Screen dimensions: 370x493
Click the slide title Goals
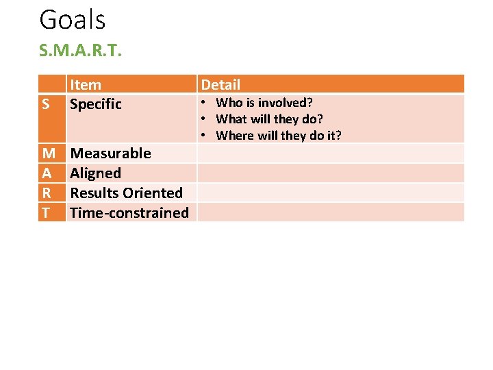tap(73, 20)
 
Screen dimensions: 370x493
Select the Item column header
tap(86, 85)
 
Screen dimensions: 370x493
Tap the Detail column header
tap(220, 85)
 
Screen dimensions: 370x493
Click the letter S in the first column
tap(45, 104)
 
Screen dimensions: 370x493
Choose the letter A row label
tap(47, 173)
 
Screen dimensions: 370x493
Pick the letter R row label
tap(46, 193)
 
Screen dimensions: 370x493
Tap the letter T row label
tap(46, 212)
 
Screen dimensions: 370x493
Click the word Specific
tap(96, 104)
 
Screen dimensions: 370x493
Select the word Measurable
tap(110, 153)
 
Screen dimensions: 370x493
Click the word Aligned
tap(96, 173)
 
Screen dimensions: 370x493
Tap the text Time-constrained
tap(129, 212)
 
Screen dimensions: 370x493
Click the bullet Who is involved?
tap(264, 103)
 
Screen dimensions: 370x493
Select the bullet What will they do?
tap(269, 119)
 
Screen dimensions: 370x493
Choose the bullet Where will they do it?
tap(278, 136)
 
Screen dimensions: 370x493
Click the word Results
tap(93, 193)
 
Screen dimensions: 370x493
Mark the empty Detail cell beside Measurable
tap(331, 153)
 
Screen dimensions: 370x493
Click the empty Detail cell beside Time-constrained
tap(331, 212)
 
